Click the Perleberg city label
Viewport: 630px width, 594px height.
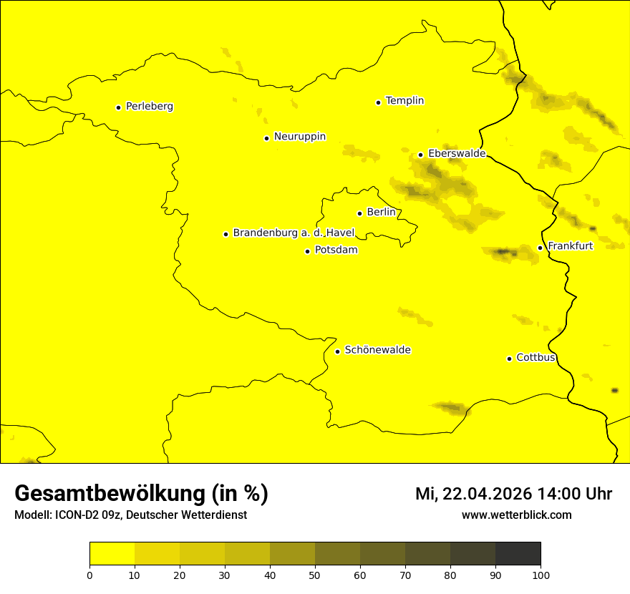[x=149, y=107]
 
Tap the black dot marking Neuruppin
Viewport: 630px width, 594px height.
[x=266, y=138]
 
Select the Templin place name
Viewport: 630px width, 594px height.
[x=404, y=101]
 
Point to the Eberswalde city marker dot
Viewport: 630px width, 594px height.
[x=421, y=155]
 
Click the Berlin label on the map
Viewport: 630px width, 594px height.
[x=381, y=213]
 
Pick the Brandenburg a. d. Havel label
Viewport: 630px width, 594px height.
[x=294, y=233]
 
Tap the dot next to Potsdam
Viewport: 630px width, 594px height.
[x=308, y=251]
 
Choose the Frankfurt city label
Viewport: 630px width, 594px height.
[x=570, y=246]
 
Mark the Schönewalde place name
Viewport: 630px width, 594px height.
[x=377, y=350]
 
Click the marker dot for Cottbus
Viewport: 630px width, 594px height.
[x=510, y=359]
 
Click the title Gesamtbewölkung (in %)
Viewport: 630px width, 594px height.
[x=141, y=494]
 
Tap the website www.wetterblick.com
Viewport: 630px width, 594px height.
[x=516, y=515]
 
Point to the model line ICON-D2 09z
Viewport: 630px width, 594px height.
[x=130, y=515]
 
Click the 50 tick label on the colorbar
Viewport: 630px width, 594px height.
[x=315, y=575]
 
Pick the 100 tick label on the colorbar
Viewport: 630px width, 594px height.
[x=541, y=575]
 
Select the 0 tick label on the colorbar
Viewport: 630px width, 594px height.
[x=89, y=575]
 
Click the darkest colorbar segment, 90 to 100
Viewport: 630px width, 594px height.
[x=518, y=553]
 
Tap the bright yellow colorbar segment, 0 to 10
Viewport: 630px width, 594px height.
[x=112, y=553]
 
